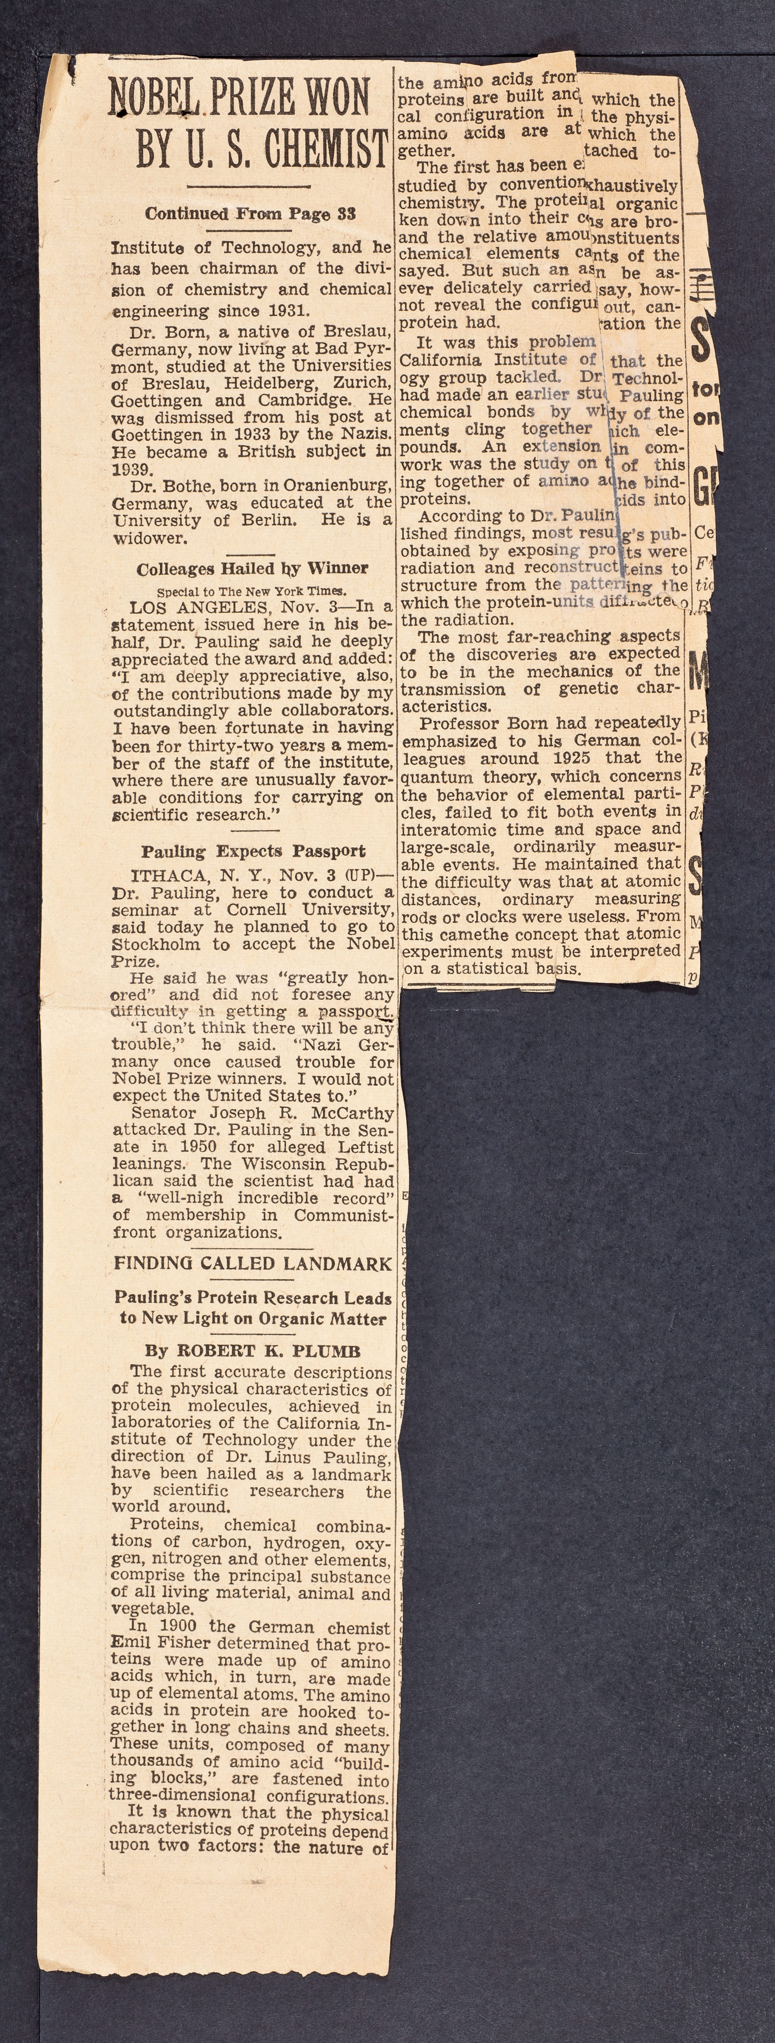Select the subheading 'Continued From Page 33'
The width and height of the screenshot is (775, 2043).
250,213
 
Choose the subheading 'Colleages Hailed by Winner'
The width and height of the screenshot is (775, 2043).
251,569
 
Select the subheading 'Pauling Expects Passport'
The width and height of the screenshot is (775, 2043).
253,852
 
